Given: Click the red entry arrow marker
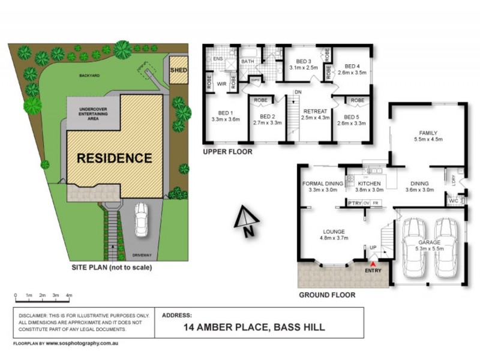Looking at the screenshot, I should [373, 263].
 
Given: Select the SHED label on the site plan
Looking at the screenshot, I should [179, 71].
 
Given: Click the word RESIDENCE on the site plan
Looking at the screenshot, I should [114, 158].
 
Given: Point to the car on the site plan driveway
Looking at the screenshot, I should [142, 219].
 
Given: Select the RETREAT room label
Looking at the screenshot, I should [314, 112].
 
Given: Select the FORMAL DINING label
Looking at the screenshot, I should [322, 184].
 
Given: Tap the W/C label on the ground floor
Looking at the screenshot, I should [454, 202].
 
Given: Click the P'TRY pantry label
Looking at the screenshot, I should [355, 204].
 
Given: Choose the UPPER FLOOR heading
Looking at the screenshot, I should [227, 152].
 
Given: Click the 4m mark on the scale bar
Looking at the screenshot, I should [69, 296].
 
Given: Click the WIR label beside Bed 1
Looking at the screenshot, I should [221, 83].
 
